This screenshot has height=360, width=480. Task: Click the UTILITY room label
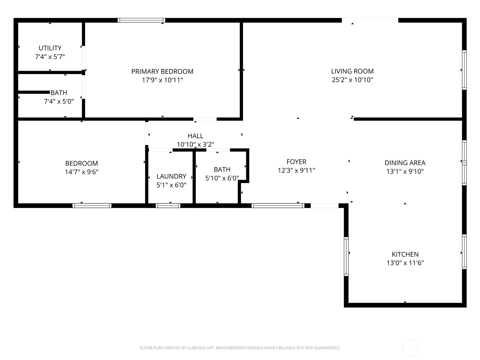coord(50,48)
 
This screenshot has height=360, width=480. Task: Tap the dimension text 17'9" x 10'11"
coord(162,80)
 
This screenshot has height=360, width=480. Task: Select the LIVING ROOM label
coord(352,71)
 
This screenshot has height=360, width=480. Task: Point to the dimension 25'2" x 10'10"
coord(352,80)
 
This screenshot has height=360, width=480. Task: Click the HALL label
coord(195,136)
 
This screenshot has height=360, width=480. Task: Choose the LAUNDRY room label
coord(171,176)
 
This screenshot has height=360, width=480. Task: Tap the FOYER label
coord(296,162)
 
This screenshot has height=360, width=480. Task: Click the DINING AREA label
coord(405,163)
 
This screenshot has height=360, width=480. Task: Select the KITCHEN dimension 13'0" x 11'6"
coord(405,263)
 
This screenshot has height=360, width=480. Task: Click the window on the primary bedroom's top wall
coord(141,20)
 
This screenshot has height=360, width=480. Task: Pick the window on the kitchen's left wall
coord(346,256)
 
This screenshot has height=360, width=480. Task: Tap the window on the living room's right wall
coord(464,70)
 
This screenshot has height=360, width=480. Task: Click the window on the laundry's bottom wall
coord(168,205)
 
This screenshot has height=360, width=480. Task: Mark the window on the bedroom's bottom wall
coord(92,205)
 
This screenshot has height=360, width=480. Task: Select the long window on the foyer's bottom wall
coord(277,205)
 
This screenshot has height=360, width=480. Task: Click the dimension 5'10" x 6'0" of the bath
coord(222,178)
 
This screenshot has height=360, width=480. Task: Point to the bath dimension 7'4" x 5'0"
coord(59,101)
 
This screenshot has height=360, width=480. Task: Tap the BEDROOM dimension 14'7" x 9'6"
coord(82,172)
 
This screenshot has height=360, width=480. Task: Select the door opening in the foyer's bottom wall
coord(324,205)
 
